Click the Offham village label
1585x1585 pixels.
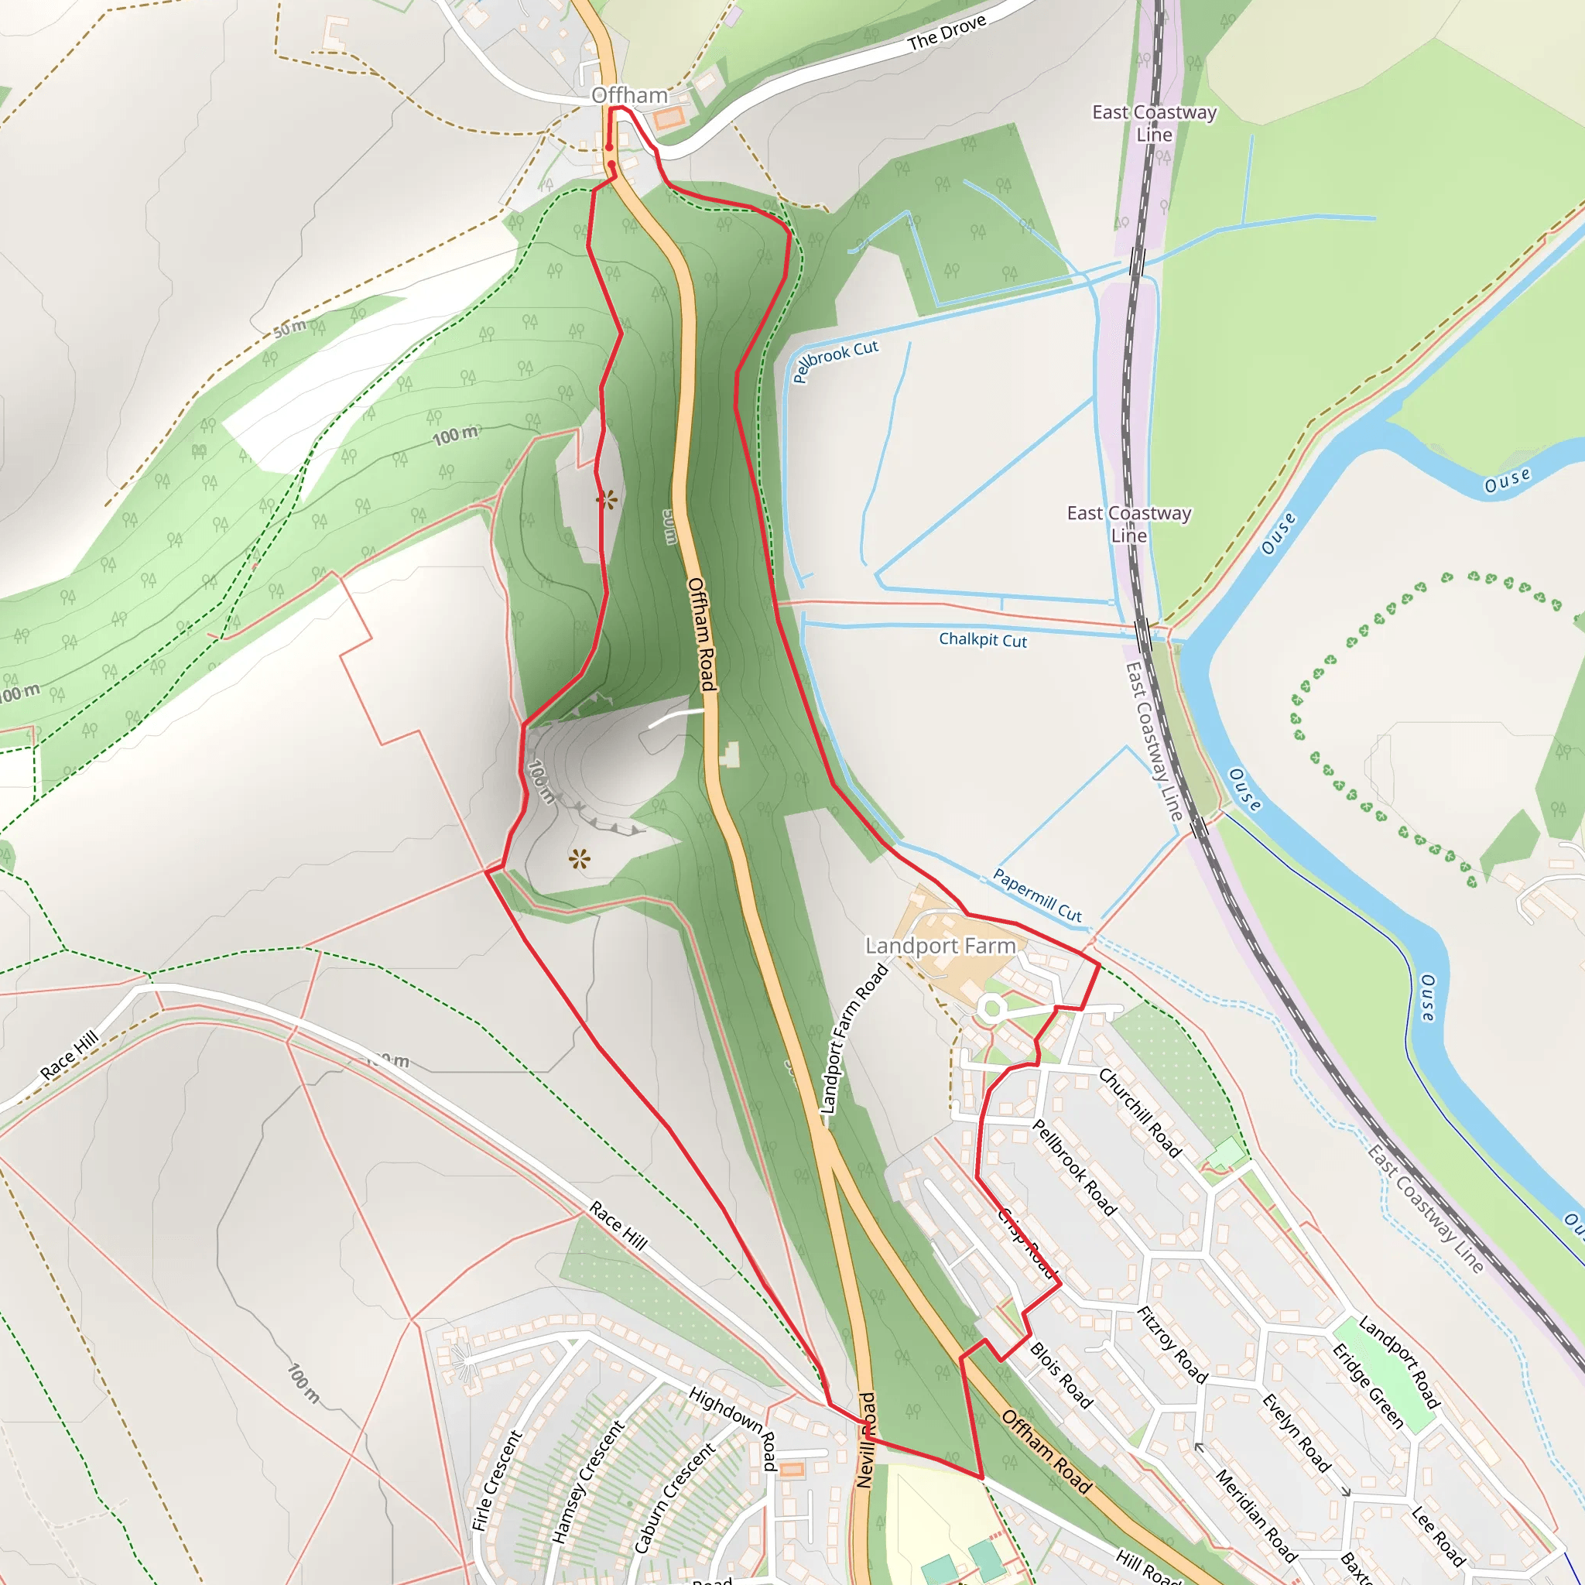(x=629, y=95)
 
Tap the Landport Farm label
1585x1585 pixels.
(x=940, y=946)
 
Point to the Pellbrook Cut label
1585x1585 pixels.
(x=835, y=360)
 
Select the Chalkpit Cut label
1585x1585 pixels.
(x=982, y=639)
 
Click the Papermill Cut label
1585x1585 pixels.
(x=1037, y=894)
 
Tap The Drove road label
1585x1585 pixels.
(x=947, y=33)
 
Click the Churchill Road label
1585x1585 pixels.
(x=1139, y=1112)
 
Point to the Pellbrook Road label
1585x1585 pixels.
(x=1074, y=1166)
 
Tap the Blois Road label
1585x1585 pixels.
(x=1061, y=1375)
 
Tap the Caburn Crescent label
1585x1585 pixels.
(x=674, y=1498)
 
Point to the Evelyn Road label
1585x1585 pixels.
(x=1296, y=1433)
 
